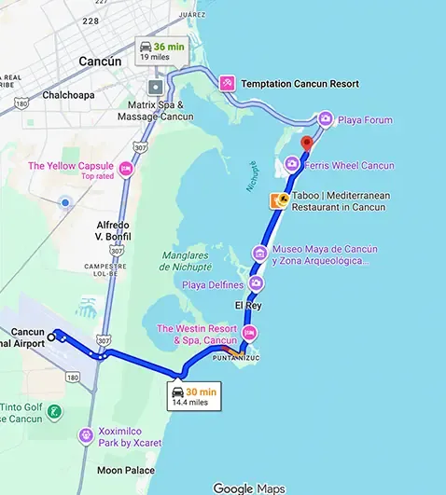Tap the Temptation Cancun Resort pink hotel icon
[x=227, y=83]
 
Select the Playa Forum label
[x=366, y=119]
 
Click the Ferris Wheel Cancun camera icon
[x=292, y=164]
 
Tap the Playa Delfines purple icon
[x=257, y=283]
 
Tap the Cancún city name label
[x=100, y=62]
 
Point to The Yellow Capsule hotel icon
[x=126, y=170]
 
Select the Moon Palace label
[x=127, y=471]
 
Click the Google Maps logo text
[x=248, y=488]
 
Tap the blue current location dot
[x=64, y=201]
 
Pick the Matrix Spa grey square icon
[x=155, y=88]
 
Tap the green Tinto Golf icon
[x=55, y=410]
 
